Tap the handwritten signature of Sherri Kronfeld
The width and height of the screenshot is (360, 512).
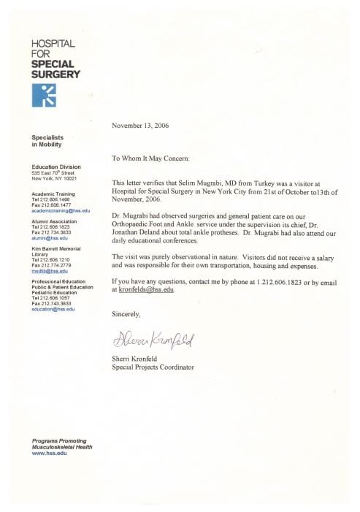coord(151,337)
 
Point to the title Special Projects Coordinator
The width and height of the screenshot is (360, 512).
coord(153,367)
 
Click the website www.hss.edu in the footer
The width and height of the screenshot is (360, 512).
coord(46,454)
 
